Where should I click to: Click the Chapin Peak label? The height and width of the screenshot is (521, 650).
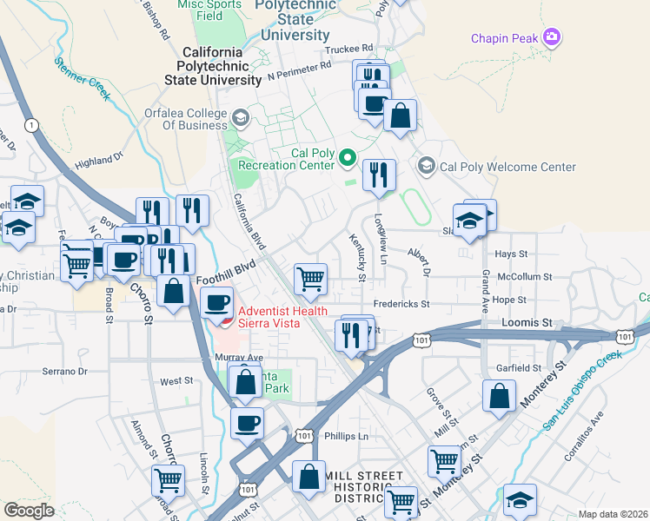pyautogui.click(x=504, y=38)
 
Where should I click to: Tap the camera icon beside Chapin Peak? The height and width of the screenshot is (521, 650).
pyautogui.click(x=550, y=37)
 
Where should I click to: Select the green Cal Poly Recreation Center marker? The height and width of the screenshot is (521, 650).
pyautogui.click(x=348, y=157)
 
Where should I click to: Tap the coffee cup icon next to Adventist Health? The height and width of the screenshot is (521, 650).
pyautogui.click(x=216, y=303)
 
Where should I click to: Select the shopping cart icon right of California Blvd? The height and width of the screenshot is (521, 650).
pyautogui.click(x=310, y=279)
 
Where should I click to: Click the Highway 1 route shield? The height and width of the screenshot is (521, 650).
pyautogui.click(x=32, y=125)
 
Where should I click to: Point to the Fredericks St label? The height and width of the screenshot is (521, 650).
pyautogui.click(x=400, y=305)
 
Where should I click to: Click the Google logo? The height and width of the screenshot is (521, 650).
pyautogui.click(x=29, y=510)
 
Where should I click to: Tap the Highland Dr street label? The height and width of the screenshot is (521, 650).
pyautogui.click(x=100, y=162)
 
